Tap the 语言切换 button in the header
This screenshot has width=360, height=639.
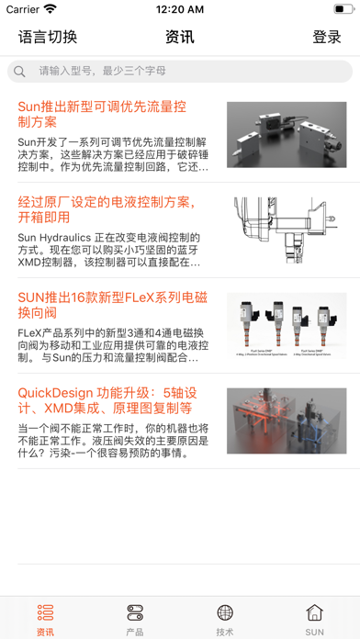click(48, 38)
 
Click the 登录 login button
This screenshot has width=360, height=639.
click(327, 38)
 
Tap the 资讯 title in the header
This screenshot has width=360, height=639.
click(180, 38)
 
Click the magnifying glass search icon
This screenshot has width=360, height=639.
click(19, 71)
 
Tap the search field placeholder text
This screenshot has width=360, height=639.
click(102, 71)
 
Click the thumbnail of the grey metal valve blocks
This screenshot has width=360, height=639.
click(287, 134)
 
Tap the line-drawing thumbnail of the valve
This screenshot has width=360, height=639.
click(287, 230)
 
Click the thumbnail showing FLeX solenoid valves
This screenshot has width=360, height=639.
click(287, 325)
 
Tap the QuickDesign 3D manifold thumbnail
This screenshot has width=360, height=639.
click(287, 420)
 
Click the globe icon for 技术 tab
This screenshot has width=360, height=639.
click(225, 612)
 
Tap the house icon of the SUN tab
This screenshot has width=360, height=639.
click(315, 612)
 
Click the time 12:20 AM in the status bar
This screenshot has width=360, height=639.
click(180, 9)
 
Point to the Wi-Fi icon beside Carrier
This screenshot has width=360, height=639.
click(49, 9)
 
